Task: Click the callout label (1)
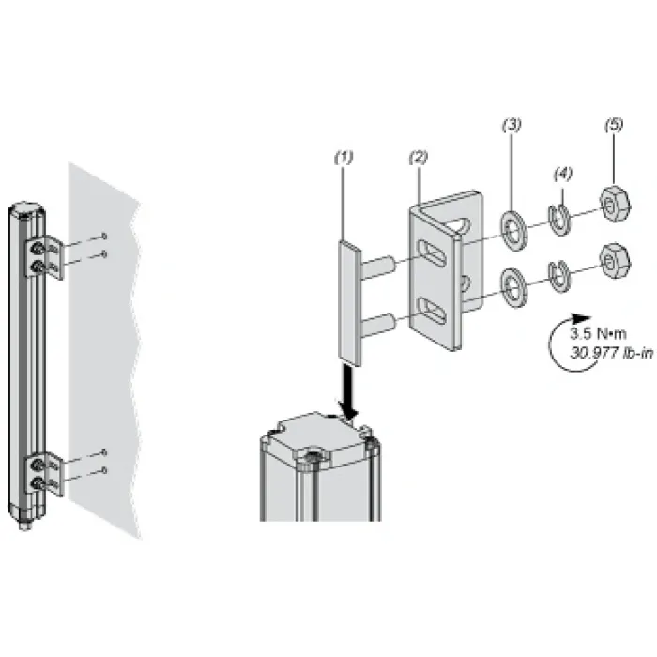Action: (344, 158)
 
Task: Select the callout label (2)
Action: (419, 158)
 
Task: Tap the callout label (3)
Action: (512, 125)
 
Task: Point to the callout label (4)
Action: (563, 174)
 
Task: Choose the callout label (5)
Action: (614, 125)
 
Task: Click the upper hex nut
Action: (615, 204)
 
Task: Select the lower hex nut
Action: (615, 261)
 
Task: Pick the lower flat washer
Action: (514, 287)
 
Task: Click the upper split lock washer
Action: (559, 220)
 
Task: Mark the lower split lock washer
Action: (559, 277)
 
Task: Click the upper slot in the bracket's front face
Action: (432, 252)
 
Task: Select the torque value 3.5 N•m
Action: (598, 333)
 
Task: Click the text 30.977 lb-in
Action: (612, 353)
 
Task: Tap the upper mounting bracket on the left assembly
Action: (44, 257)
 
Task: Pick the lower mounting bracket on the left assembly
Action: (44, 474)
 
